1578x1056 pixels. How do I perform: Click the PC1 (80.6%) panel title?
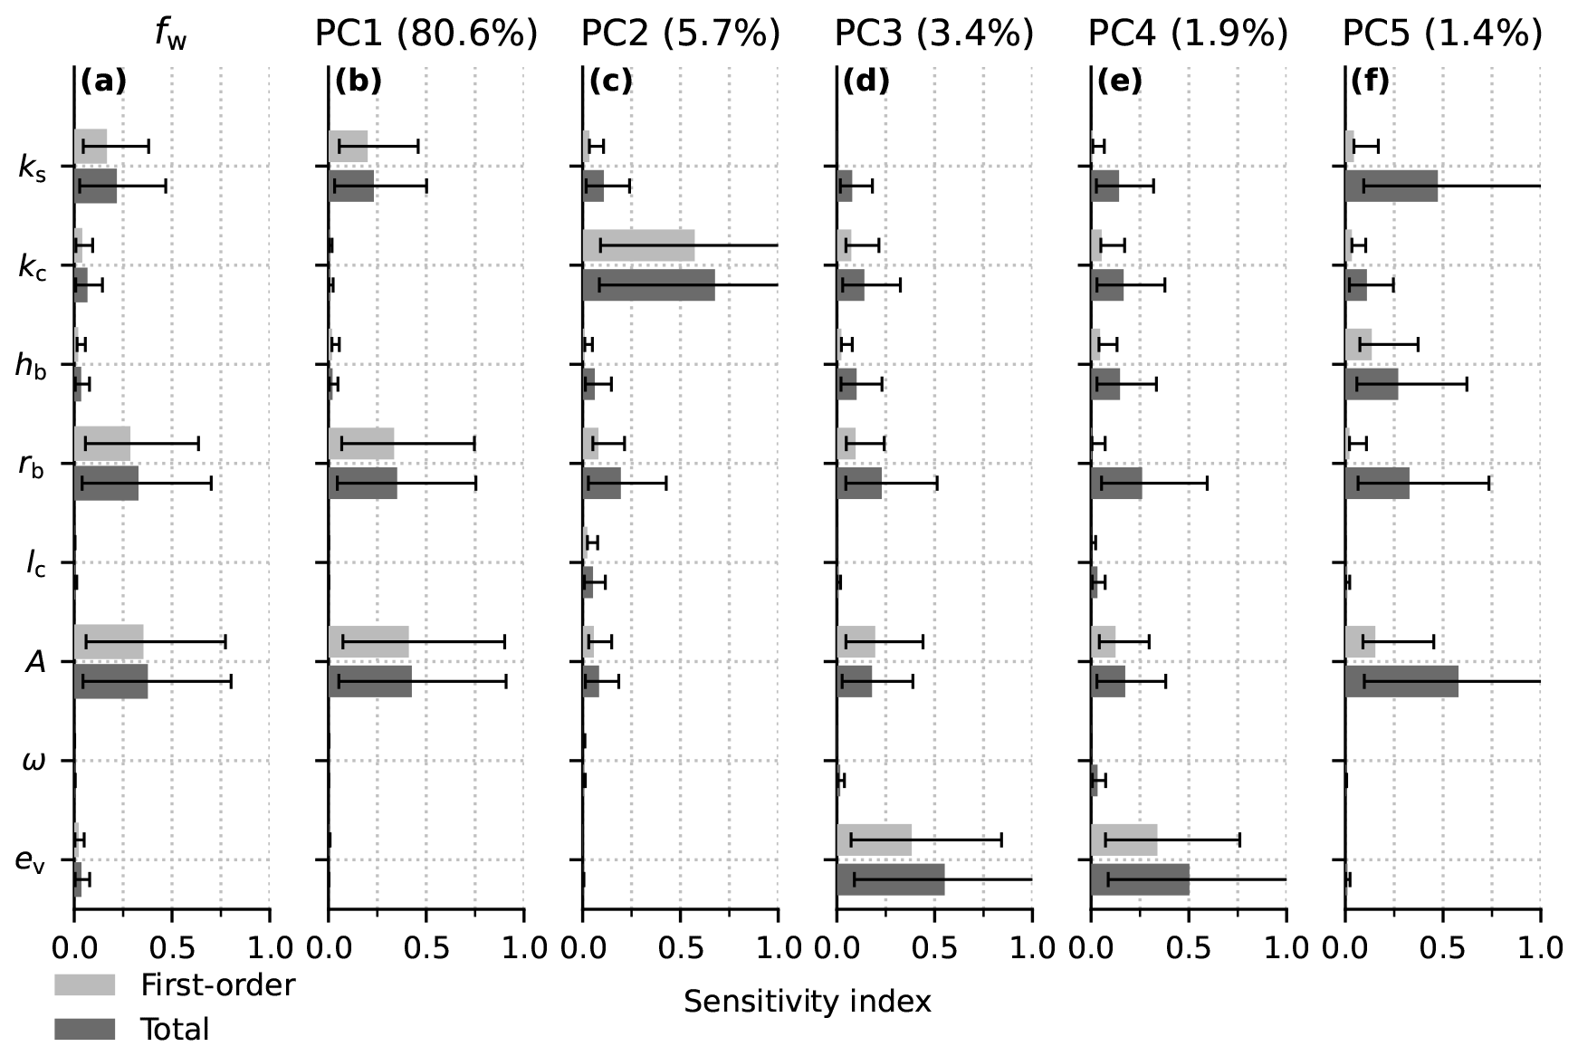click(426, 34)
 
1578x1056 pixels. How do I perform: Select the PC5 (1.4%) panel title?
click(1441, 34)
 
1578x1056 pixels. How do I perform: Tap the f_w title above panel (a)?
click(170, 34)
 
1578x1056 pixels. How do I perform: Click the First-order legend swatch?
click(84, 984)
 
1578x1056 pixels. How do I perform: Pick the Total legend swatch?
click(84, 1029)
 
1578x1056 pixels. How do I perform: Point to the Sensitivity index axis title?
click(807, 1002)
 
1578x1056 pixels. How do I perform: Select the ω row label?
click(33, 762)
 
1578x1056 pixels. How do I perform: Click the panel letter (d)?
click(866, 82)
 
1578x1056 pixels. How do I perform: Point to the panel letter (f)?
click(1369, 82)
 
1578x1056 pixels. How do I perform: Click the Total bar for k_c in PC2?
click(648, 284)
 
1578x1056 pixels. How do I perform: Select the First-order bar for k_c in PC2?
click(638, 245)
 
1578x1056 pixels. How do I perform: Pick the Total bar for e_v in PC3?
click(890, 879)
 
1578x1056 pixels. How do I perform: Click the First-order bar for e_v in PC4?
click(1124, 840)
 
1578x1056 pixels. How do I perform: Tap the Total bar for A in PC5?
click(1401, 681)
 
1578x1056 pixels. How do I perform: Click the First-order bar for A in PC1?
click(368, 642)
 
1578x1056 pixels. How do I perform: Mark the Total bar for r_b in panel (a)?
click(106, 483)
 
